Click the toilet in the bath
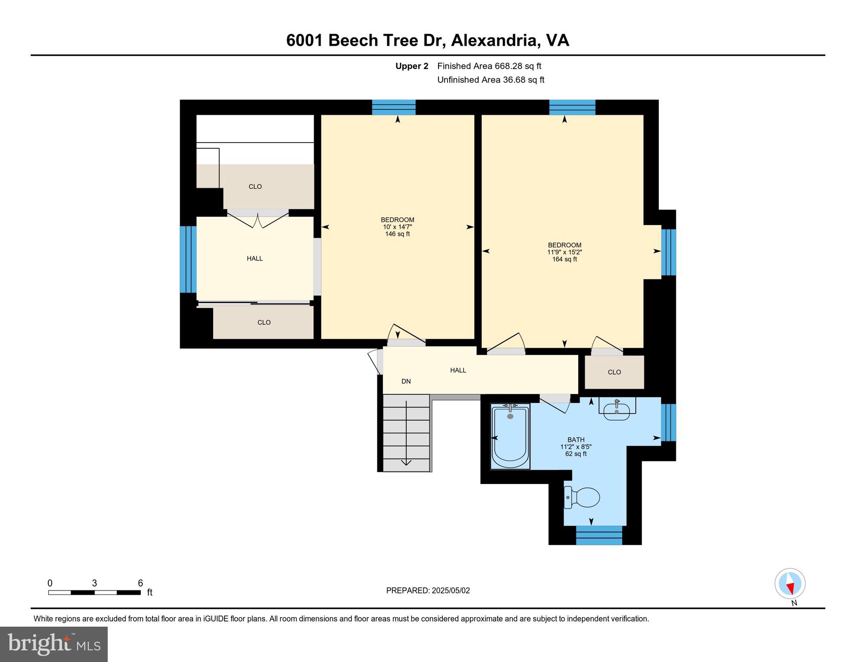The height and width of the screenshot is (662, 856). click(582, 498)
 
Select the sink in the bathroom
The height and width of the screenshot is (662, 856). click(616, 410)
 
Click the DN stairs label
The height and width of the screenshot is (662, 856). click(406, 381)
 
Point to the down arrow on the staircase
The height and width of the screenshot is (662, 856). click(406, 462)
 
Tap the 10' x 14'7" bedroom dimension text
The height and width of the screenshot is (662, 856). click(397, 227)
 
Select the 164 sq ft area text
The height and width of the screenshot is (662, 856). click(564, 259)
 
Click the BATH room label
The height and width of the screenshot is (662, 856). click(576, 440)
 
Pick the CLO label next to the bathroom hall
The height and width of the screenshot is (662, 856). click(614, 372)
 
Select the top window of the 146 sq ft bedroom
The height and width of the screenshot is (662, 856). click(394, 107)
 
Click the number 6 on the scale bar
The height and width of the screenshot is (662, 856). click(140, 584)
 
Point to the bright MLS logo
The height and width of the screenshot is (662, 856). click(54, 644)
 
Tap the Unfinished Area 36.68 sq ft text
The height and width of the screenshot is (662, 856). click(491, 80)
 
